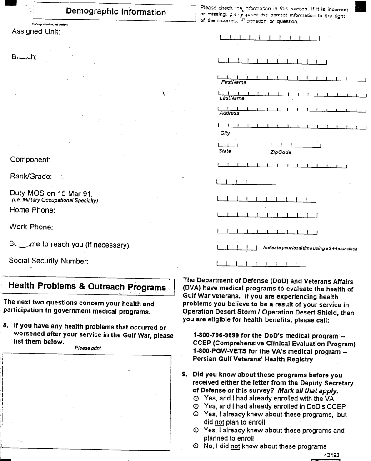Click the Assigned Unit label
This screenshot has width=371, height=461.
click(x=35, y=32)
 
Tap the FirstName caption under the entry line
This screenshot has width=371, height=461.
click(x=233, y=82)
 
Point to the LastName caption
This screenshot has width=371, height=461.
click(x=231, y=98)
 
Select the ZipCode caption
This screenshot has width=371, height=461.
click(x=281, y=152)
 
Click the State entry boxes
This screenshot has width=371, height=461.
click(x=229, y=146)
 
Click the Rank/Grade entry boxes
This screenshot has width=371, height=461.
click(x=246, y=183)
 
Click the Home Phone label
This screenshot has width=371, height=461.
click(x=32, y=210)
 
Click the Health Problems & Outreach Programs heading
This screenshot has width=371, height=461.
click(x=87, y=287)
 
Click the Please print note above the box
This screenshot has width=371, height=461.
click(x=88, y=348)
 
